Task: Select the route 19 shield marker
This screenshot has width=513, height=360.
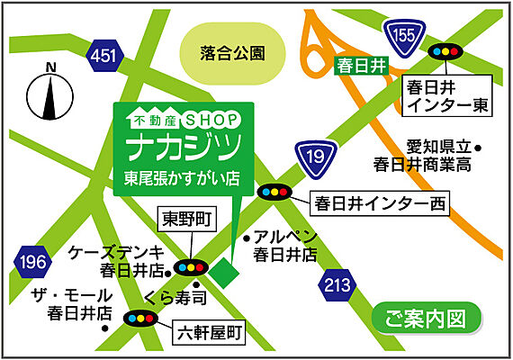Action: pyautogui.click(x=310, y=156)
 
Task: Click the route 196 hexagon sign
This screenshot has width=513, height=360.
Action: pyautogui.click(x=31, y=262)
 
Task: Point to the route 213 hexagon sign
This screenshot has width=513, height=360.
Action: pyautogui.click(x=336, y=287)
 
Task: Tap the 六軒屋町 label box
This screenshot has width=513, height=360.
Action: pyautogui.click(x=208, y=333)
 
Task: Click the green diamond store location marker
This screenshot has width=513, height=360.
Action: pyautogui.click(x=226, y=268)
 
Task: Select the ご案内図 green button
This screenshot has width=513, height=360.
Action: pyautogui.click(x=427, y=318)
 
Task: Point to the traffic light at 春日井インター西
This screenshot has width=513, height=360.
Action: pyautogui.click(x=274, y=192)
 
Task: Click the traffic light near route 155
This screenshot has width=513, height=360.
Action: pyautogui.click(x=444, y=52)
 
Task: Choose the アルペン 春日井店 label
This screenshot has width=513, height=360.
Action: pyautogui.click(x=284, y=245)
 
